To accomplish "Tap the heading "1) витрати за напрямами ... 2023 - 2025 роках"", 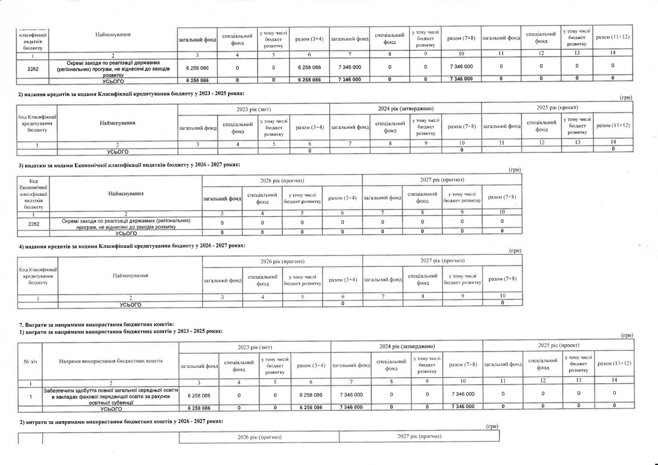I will point(121,332).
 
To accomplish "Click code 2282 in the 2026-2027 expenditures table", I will point(33,223).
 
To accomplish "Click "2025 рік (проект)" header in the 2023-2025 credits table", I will point(558,107).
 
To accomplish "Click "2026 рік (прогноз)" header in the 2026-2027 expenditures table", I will point(282,180).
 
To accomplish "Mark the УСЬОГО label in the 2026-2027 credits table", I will point(131,304).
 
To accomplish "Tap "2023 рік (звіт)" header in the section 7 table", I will point(255,347).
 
